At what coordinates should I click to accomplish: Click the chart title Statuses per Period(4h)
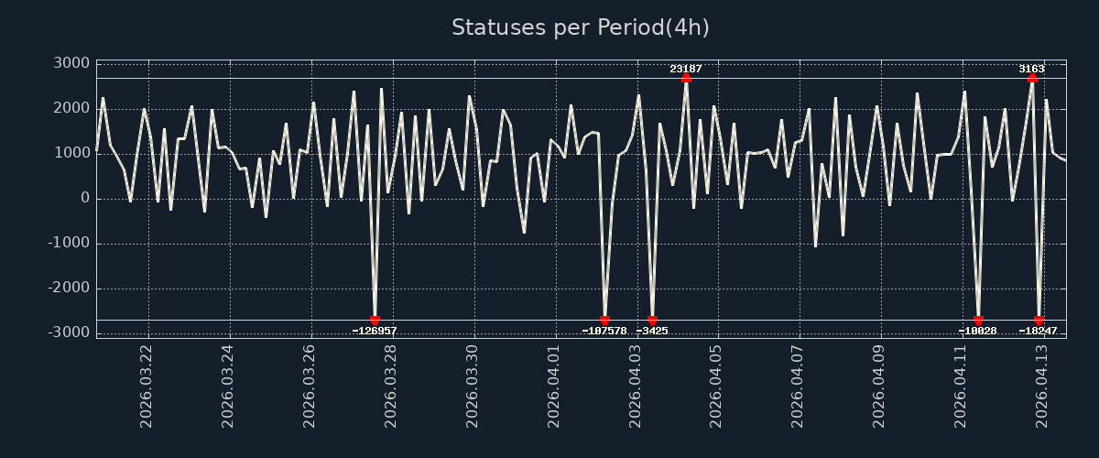(580, 27)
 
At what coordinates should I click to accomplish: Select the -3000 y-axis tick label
(67, 333)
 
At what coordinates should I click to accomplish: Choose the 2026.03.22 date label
(147, 387)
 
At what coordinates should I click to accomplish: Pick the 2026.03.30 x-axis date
(472, 387)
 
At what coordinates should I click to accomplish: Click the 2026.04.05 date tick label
(716, 387)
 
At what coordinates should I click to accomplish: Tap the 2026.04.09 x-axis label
(879, 387)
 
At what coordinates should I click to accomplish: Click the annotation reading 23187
(686, 69)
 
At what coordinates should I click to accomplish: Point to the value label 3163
(1031, 69)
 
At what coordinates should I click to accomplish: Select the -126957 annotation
(375, 331)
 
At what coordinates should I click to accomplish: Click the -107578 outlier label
(604, 331)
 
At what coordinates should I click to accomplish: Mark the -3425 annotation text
(652, 331)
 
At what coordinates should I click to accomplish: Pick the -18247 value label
(1039, 331)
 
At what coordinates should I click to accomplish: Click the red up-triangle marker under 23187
(686, 79)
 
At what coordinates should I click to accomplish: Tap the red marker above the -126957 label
(375, 321)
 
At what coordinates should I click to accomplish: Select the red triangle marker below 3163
(1032, 79)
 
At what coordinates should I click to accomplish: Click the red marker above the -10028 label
(978, 321)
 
